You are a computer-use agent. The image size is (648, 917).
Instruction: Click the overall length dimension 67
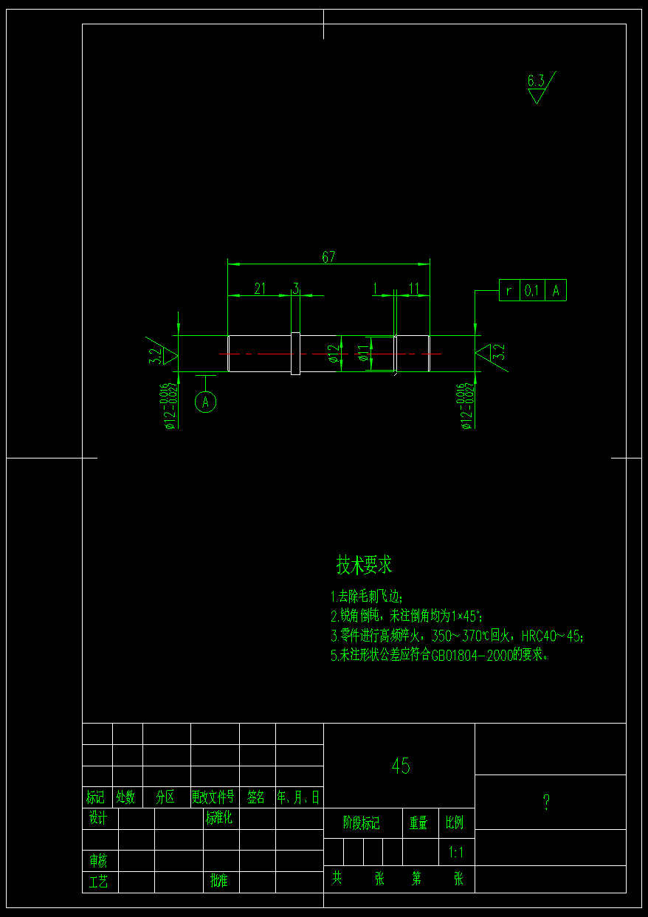328,257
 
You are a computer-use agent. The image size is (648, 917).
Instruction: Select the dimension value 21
260,289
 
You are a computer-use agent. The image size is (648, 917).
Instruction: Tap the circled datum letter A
206,402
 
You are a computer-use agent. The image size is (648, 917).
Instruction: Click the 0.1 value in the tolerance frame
531,291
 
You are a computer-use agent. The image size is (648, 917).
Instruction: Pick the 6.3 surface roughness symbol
537,86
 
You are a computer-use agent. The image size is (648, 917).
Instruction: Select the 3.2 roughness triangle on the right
489,353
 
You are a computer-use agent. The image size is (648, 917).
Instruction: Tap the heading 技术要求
364,566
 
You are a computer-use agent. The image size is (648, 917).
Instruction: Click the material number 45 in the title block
401,766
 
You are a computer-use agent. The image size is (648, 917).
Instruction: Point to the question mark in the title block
546,803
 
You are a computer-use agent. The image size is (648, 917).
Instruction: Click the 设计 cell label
98,818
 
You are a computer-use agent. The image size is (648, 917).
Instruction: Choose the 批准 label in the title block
219,881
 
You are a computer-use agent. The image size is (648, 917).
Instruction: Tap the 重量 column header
418,823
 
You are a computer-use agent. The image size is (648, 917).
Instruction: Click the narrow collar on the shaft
295,354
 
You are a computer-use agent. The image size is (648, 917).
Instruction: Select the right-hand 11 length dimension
414,289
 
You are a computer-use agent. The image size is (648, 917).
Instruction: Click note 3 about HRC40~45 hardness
458,636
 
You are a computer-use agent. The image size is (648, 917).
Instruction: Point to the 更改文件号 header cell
213,797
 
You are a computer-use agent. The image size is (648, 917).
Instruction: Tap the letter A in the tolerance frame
556,291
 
